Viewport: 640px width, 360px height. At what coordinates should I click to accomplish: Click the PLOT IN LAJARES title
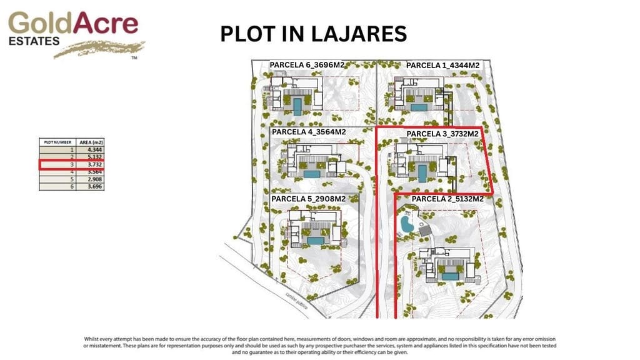coord(313,34)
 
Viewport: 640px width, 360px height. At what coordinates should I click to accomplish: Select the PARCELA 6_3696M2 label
coord(307,65)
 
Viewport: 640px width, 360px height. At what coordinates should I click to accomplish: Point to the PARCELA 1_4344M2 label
coord(442,66)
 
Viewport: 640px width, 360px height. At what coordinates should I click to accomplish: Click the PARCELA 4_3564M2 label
coord(309,132)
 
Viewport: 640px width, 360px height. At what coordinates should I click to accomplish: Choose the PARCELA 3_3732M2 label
coord(442,134)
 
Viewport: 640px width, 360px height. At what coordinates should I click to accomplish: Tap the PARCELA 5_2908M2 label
coord(309,199)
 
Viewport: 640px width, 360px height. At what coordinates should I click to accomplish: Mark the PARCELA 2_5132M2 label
coord(447,199)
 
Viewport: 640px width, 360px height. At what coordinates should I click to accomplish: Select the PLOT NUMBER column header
coord(57,142)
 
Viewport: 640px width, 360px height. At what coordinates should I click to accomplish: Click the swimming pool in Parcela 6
coord(297,105)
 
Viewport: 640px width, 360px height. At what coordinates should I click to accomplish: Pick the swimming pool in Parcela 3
coord(422,173)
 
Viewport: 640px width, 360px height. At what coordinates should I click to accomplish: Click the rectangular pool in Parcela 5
coord(315,240)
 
